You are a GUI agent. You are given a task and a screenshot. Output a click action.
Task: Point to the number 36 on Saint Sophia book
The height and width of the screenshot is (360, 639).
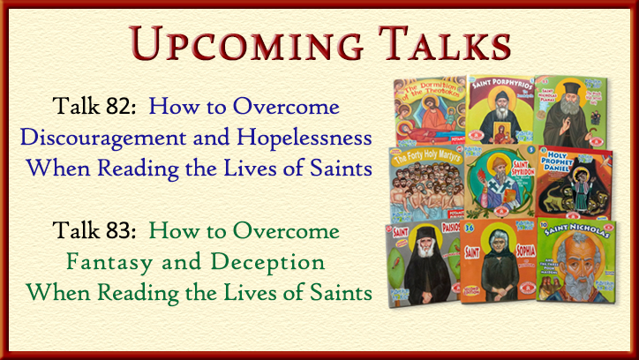click(469, 232)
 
